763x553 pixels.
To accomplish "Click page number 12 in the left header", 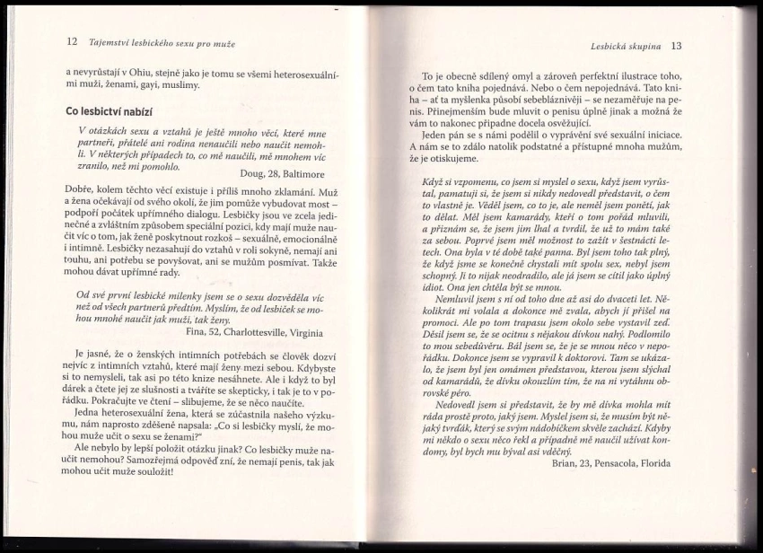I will click(73, 41).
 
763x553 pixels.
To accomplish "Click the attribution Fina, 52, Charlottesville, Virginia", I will click(254, 330).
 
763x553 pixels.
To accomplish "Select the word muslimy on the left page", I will click(180, 86).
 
